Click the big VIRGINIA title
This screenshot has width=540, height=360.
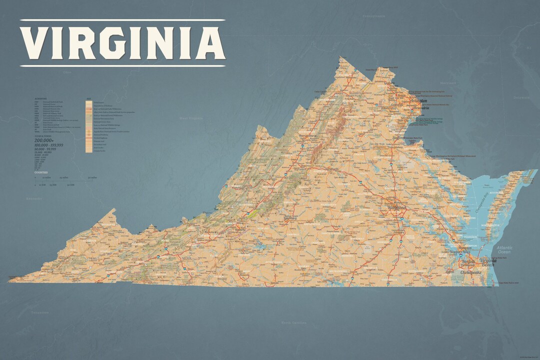[x=122, y=42]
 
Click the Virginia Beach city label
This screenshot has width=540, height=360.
[x=487, y=262]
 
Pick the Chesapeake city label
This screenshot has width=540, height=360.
[x=471, y=272]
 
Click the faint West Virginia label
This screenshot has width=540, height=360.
[x=191, y=118]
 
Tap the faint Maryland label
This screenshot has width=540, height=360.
[x=447, y=82]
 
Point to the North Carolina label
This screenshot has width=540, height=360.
[x=293, y=323]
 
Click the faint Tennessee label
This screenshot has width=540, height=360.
[x=39, y=312]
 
